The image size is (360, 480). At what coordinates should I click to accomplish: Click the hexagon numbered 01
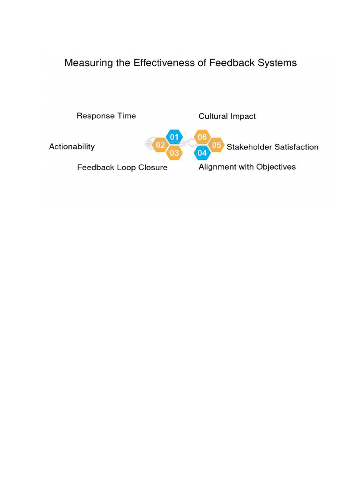(174, 137)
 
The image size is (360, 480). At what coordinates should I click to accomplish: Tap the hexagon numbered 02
(160, 145)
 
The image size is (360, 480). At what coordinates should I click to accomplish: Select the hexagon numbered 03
(174, 153)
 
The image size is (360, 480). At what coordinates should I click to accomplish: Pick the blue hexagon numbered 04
(202, 153)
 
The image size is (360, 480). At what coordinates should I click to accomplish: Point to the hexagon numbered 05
(216, 145)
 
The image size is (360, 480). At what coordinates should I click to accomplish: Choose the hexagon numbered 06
(202, 137)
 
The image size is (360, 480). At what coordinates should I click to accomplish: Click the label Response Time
(106, 116)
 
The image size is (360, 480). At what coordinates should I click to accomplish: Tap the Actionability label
(72, 146)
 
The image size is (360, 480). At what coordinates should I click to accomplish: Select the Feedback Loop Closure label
(122, 167)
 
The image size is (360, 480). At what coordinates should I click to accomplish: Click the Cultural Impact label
(227, 116)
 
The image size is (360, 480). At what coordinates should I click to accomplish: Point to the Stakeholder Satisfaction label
(272, 147)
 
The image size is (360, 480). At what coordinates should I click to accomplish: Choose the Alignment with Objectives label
(247, 167)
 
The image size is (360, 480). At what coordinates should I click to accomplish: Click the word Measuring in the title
(88, 63)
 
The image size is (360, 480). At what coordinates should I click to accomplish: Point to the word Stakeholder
(249, 147)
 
